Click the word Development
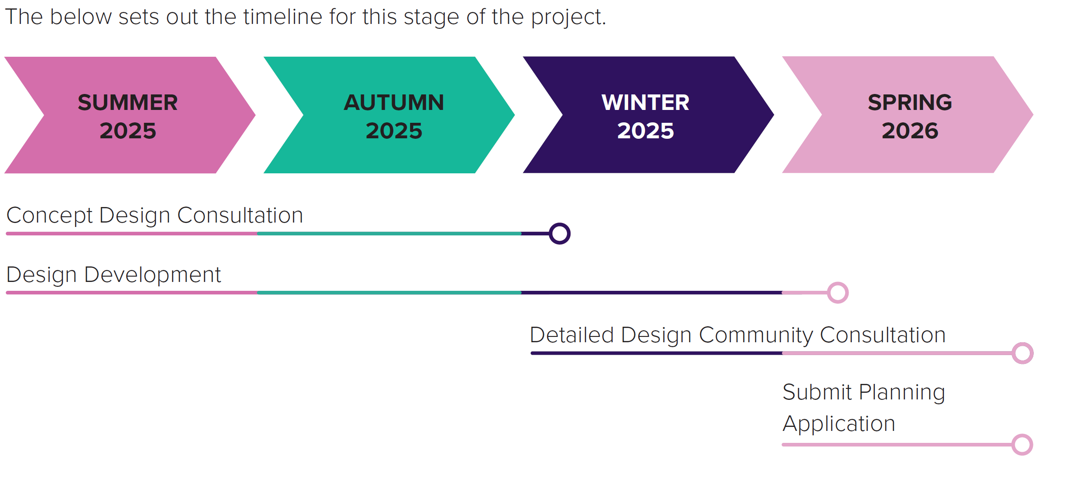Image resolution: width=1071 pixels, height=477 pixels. click(152, 275)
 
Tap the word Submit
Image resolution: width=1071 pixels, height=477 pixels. click(817, 392)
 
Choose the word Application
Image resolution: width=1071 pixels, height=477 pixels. click(839, 424)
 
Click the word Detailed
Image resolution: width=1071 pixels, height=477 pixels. click(571, 335)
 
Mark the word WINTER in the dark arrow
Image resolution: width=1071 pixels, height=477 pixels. click(645, 102)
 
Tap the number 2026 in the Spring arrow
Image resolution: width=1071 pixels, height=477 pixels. click(910, 131)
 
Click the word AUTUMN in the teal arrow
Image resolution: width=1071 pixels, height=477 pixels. click(394, 102)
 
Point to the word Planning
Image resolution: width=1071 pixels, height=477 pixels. click(902, 393)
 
